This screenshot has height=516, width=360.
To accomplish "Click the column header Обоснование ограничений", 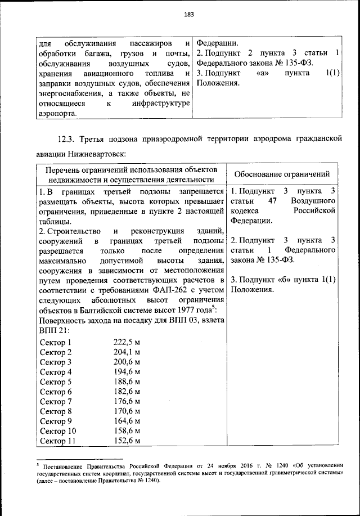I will tap(282, 174).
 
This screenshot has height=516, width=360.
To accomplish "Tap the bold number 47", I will tap(273, 201).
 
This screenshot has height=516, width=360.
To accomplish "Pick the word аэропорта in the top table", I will tap(59, 113).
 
